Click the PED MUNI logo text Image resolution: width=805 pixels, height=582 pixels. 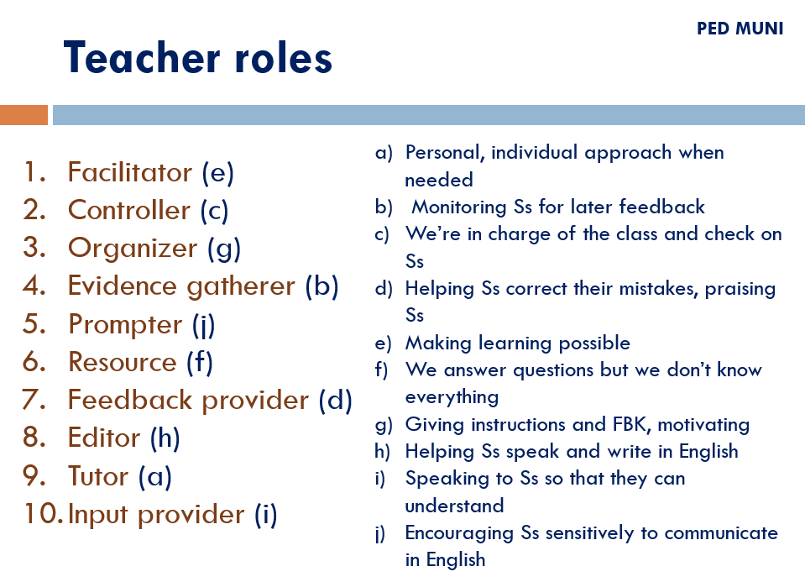coord(740,29)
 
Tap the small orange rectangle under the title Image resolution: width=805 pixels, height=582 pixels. coord(24,115)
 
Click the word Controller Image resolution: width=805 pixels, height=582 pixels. coord(129,210)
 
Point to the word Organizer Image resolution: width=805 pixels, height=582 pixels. coord(133,249)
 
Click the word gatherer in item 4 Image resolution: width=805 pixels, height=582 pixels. coord(241,287)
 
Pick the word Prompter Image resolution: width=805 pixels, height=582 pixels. coord(125,325)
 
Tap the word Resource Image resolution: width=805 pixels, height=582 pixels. coord(123,362)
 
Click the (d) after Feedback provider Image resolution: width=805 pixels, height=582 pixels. coord(335,400)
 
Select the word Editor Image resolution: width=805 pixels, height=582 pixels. coord(104,438)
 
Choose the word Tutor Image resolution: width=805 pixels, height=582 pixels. coord(98,475)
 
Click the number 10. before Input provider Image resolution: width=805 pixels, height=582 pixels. coord(43,514)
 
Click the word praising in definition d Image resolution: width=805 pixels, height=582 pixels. coord(740,289)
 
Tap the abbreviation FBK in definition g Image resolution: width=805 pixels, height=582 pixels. coord(630,424)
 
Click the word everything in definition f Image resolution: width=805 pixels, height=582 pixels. coord(452,397)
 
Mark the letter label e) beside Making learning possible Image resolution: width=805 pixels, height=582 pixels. coord(383,343)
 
